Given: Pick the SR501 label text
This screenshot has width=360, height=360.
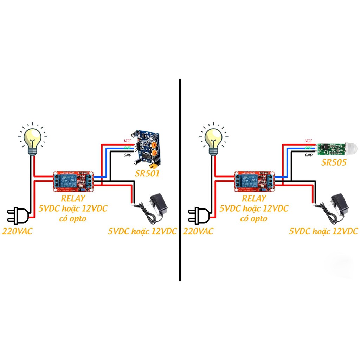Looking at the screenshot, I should (148, 173).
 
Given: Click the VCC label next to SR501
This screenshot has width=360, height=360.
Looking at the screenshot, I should (127, 141).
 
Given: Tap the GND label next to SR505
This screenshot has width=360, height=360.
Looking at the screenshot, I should (308, 155).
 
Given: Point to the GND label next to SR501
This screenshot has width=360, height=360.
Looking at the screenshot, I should (127, 155).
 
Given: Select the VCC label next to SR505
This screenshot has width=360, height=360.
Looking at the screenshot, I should (308, 141).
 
